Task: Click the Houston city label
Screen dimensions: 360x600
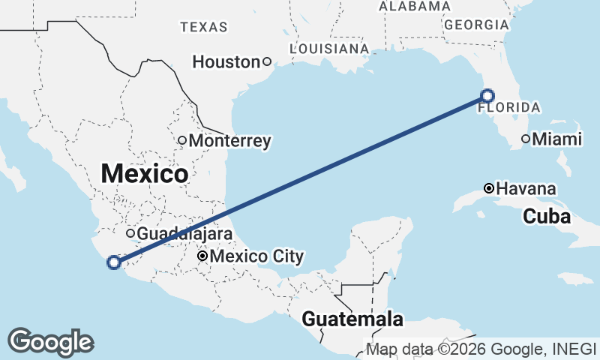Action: pyautogui.click(x=225, y=62)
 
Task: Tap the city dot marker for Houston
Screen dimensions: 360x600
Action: pyautogui.click(x=266, y=62)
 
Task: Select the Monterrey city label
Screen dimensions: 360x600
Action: pyautogui.click(x=229, y=140)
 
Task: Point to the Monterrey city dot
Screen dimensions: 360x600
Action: pyautogui.click(x=182, y=140)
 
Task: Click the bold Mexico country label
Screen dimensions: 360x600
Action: pyautogui.click(x=144, y=173)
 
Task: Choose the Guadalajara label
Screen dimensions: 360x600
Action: pyautogui.click(x=184, y=233)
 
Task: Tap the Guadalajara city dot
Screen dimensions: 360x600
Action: pyautogui.click(x=130, y=233)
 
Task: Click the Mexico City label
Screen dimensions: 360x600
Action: pyautogui.click(x=256, y=256)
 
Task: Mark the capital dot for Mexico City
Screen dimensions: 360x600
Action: pyautogui.click(x=202, y=256)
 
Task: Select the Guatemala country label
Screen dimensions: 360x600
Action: pyautogui.click(x=352, y=319)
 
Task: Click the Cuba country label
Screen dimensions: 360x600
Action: pyautogui.click(x=547, y=217)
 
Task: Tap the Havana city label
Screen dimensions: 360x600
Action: pyautogui.click(x=526, y=188)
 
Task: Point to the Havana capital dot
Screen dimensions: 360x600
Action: pyautogui.click(x=489, y=187)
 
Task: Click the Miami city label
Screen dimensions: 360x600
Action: pyautogui.click(x=556, y=139)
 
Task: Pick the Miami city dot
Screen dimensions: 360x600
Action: pyautogui.click(x=526, y=139)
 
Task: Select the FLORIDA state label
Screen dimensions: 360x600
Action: pyautogui.click(x=510, y=107)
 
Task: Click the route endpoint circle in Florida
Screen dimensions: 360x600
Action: pyautogui.click(x=487, y=95)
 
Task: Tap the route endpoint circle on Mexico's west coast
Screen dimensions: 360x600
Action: pyautogui.click(x=114, y=262)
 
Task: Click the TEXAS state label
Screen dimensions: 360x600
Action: pyautogui.click(x=203, y=27)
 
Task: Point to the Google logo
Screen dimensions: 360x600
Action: pyautogui.click(x=50, y=341)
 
